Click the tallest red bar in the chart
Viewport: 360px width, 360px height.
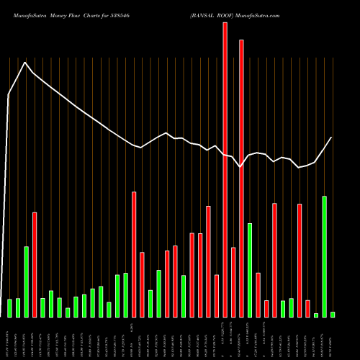point(225,169)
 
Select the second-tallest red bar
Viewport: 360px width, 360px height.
point(241,178)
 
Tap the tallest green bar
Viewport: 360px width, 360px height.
point(324,256)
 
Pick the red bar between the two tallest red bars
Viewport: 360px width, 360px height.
point(233,282)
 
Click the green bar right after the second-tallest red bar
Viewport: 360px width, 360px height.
point(250,270)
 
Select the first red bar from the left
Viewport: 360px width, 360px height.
point(35,264)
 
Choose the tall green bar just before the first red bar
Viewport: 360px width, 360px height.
point(27,282)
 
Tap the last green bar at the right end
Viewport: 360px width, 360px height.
point(333,314)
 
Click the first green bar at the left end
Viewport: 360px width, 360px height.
point(10,307)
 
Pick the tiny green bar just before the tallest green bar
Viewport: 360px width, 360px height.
point(316,315)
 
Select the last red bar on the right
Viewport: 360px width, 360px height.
point(307,308)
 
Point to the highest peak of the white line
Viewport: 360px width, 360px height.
point(25,63)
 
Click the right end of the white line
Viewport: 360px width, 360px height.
point(332,137)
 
